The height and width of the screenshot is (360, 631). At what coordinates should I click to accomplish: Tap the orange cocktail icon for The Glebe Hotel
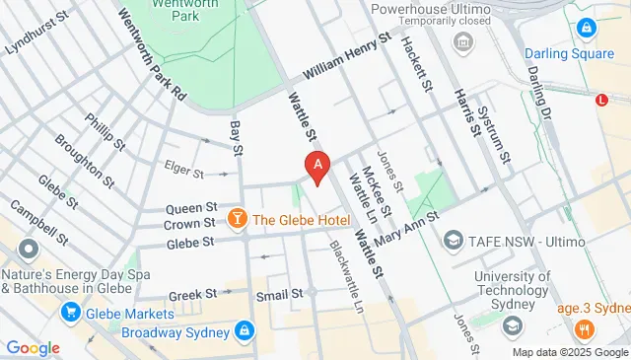(237, 218)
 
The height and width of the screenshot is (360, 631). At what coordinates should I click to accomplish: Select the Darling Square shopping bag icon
(587, 29)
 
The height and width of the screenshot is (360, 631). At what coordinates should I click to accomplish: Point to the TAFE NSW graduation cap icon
(454, 240)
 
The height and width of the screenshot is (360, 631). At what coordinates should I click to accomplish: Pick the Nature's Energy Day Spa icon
(28, 248)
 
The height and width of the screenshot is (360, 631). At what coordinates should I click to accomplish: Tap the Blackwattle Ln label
(346, 277)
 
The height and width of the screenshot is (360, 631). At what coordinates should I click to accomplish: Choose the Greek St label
(192, 294)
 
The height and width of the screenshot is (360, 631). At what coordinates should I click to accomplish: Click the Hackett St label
(418, 67)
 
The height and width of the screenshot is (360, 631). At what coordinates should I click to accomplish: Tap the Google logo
(33, 347)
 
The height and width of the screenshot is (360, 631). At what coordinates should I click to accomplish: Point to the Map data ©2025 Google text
(569, 352)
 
